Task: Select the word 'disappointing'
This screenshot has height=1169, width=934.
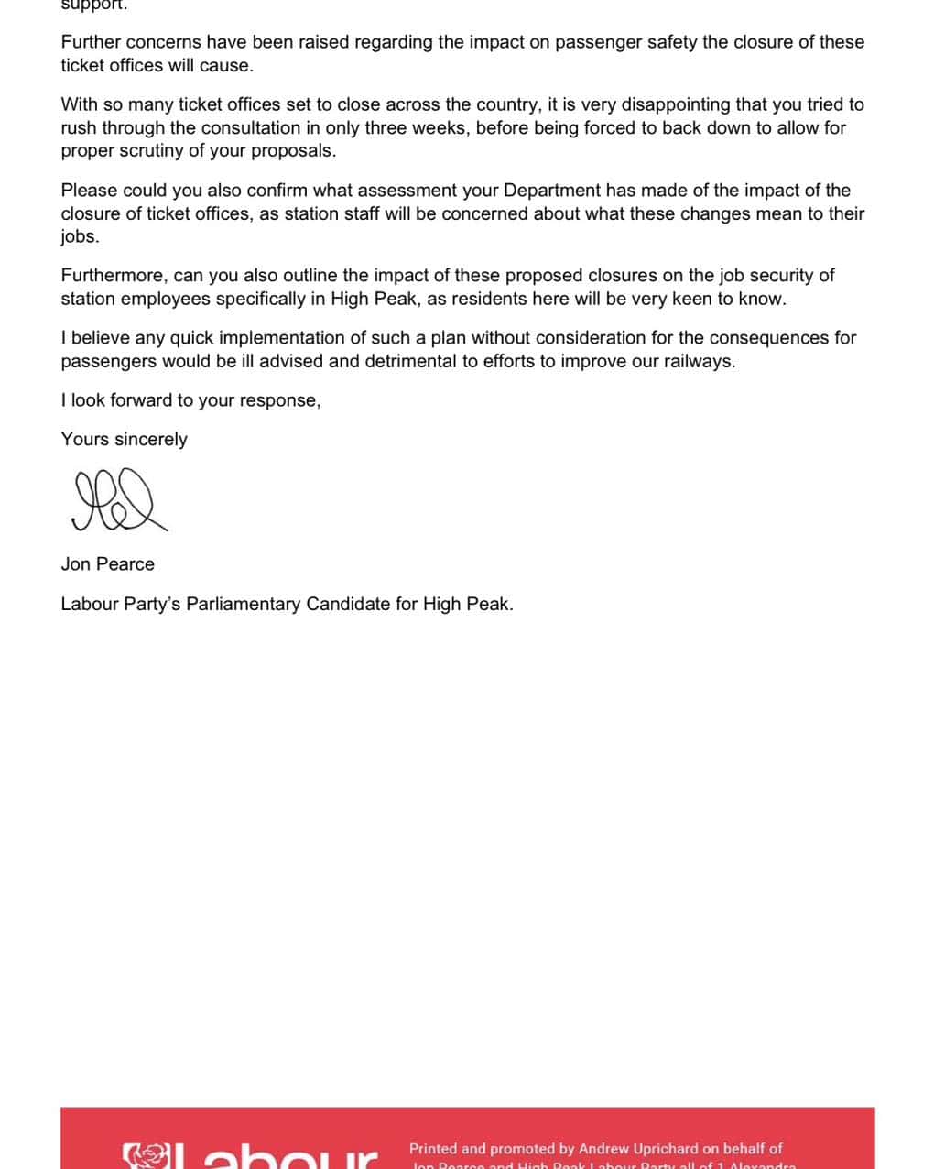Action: tap(674, 104)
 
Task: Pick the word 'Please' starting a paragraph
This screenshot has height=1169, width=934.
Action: tap(88, 191)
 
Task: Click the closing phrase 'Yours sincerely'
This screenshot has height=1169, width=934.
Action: tap(124, 440)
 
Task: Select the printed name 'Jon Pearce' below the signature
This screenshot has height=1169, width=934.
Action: tap(107, 564)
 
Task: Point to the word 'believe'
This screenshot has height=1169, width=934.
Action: tap(100, 338)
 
